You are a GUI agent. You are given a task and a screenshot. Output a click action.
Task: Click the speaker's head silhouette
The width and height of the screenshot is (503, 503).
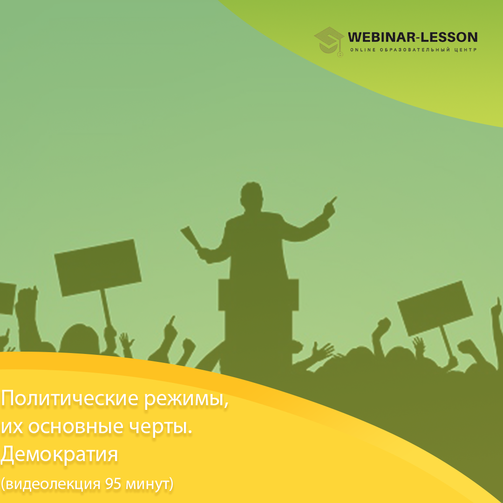pos(252,195)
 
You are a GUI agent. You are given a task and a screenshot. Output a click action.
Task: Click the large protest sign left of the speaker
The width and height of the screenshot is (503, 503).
pos(98,267)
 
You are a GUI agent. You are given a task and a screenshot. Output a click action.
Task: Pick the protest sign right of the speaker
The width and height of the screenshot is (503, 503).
pos(435,308)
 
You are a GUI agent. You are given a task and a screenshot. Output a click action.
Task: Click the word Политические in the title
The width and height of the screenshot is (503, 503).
pos(69,398)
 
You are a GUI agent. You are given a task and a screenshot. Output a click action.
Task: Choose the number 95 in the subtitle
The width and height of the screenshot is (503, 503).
pos(114,484)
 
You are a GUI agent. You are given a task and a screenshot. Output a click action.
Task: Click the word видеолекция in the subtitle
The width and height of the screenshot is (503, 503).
pos(53,484)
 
